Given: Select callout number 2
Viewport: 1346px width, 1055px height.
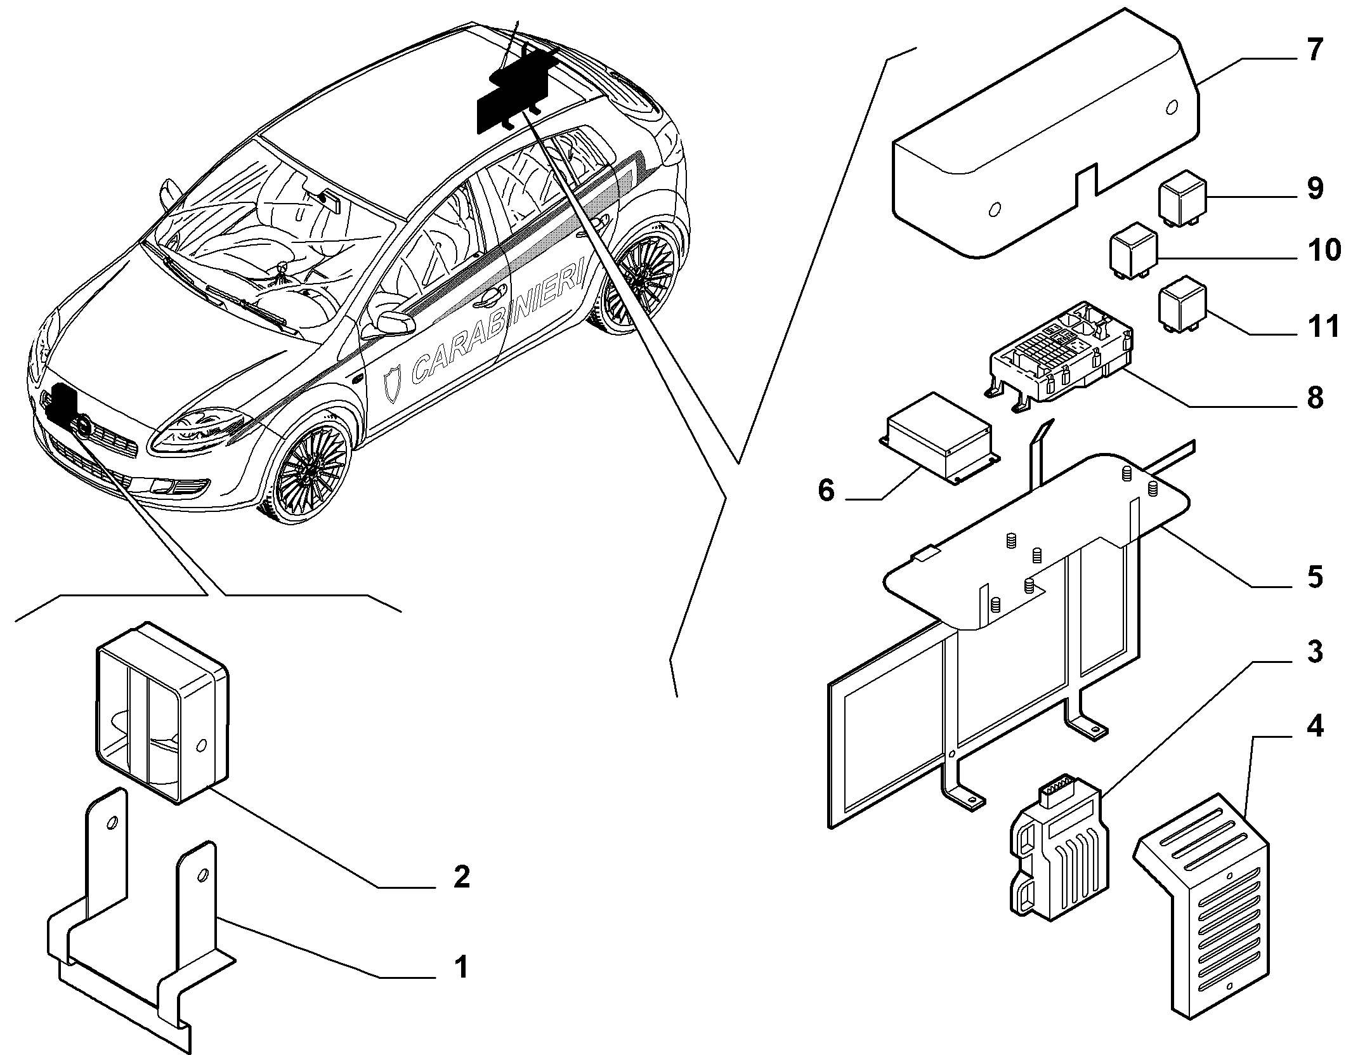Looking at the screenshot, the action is click(x=461, y=877).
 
